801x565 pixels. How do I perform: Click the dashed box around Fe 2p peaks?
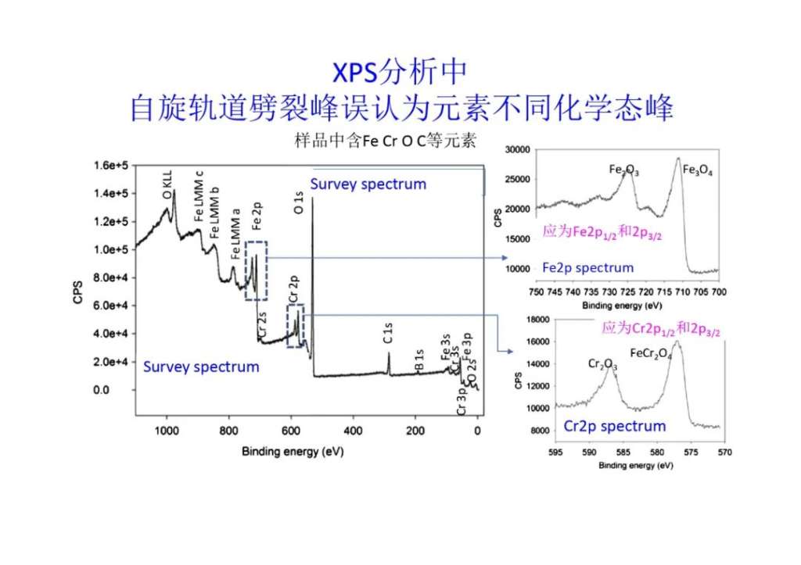[256, 270]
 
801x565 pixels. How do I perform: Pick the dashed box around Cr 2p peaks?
[295, 326]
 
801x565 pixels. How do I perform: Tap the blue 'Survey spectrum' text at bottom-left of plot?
[200, 367]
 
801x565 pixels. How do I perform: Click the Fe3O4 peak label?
[697, 170]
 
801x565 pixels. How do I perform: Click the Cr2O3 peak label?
[603, 363]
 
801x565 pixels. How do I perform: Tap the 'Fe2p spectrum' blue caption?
[587, 268]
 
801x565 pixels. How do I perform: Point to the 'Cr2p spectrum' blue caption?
[615, 426]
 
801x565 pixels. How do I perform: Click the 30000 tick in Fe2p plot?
[518, 149]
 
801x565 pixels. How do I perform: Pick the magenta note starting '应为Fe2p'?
[602, 232]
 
